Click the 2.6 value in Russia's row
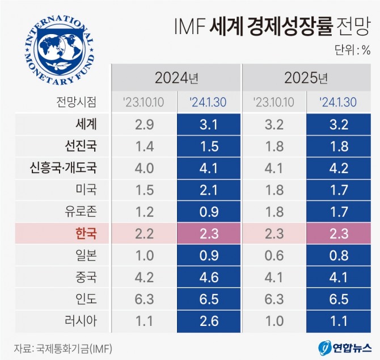coord(209,321)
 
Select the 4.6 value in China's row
coord(209,277)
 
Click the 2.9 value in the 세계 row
coord(144,124)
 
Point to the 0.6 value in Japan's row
coord(274,256)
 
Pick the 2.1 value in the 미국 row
coord(209,190)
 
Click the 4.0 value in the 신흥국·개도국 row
coord(144,168)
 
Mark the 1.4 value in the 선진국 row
coord(144,146)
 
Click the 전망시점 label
coord(76,102)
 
